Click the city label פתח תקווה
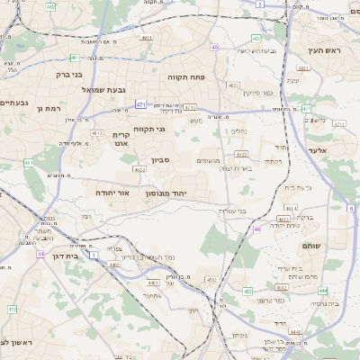(x=187, y=77)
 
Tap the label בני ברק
(x=69, y=75)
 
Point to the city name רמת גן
(x=52, y=108)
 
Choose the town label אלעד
(x=321, y=151)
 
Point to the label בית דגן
(x=62, y=256)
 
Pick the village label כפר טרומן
(x=270, y=300)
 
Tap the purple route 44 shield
(x=40, y=254)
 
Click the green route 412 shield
(x=13, y=310)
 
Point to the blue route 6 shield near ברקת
(x=349, y=209)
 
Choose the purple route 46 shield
(x=256, y=229)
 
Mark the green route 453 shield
(x=247, y=291)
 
